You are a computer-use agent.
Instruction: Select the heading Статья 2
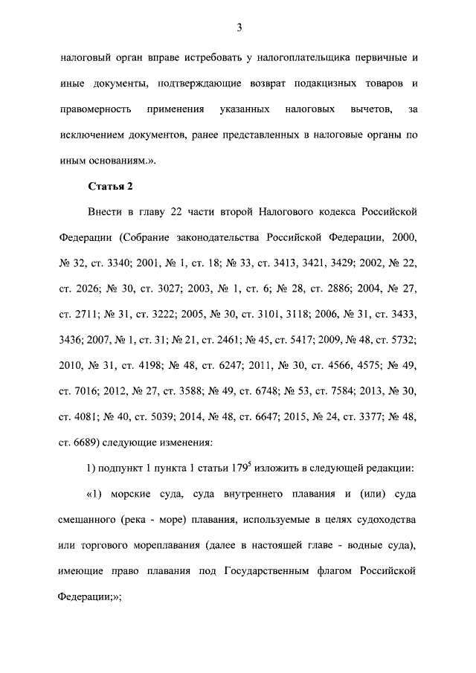point(110,185)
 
